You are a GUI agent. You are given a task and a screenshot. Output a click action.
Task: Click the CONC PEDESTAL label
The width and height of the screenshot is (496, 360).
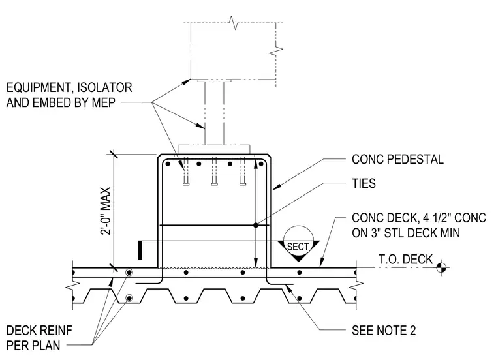(397, 159)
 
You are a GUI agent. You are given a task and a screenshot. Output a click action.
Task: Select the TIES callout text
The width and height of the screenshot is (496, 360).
(364, 183)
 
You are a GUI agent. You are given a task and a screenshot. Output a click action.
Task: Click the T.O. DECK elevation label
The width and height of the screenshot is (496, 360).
(405, 259)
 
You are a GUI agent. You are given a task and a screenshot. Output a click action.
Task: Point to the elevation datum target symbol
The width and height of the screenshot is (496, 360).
(442, 267)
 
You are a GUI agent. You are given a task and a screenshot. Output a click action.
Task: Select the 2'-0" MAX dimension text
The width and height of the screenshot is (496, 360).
(106, 211)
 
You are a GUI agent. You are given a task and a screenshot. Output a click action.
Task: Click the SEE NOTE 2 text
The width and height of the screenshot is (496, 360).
(384, 330)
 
